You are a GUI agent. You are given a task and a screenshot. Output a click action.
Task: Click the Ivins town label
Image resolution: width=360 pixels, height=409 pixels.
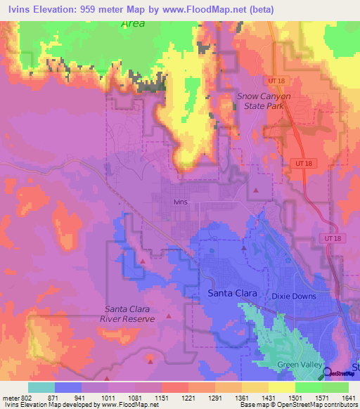[x=181, y=201]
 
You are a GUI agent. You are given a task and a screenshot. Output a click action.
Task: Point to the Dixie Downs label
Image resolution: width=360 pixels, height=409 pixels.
[x=294, y=296]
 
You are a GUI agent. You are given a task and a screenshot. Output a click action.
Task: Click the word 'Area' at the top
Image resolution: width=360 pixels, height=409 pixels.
[x=132, y=24]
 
